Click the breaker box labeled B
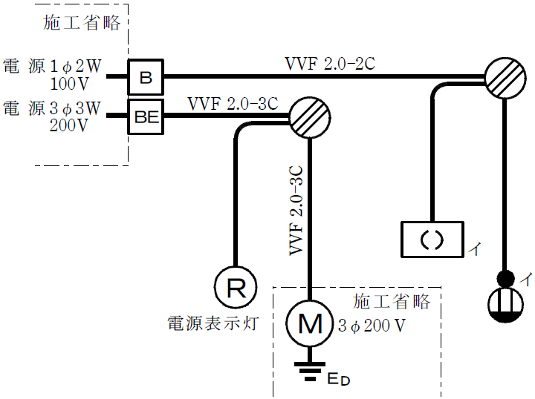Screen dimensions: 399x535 point(146,76)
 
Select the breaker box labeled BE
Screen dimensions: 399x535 point(146,116)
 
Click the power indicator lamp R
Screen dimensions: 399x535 point(236,288)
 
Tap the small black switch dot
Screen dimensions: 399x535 point(505,280)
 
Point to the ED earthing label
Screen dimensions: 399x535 point(338,380)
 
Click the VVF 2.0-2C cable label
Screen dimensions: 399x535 point(329,63)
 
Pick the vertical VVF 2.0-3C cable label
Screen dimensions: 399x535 point(296,211)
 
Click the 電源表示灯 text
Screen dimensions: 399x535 point(213,323)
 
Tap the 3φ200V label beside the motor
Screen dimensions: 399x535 point(372,325)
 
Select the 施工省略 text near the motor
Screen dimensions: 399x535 point(392,302)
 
